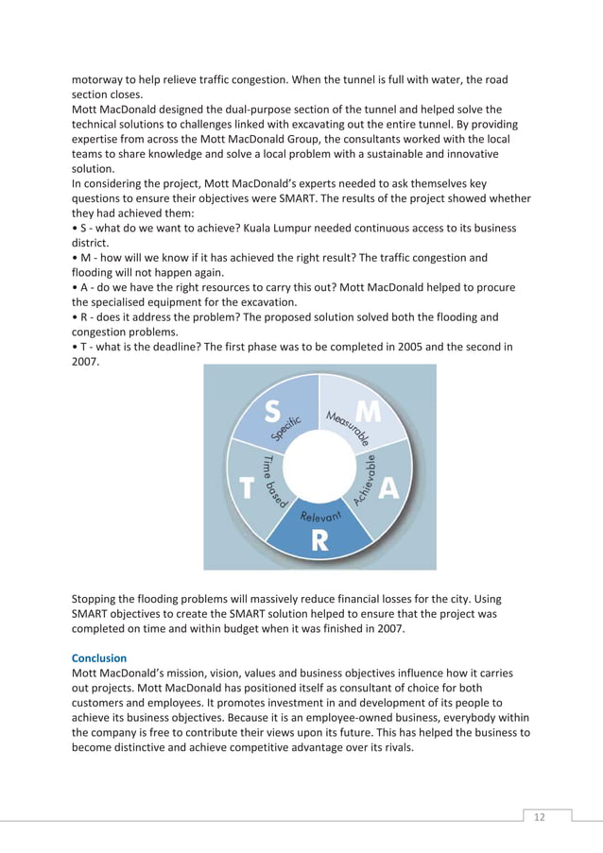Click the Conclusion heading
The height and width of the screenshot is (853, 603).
point(99,657)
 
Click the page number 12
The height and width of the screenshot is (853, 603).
point(539,816)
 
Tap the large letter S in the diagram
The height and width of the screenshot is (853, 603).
point(272,411)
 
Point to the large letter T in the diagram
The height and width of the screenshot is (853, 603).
point(247,487)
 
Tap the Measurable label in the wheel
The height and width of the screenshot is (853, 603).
point(349,427)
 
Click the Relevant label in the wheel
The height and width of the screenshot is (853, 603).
point(319,517)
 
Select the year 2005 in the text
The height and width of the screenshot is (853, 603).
point(393,347)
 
